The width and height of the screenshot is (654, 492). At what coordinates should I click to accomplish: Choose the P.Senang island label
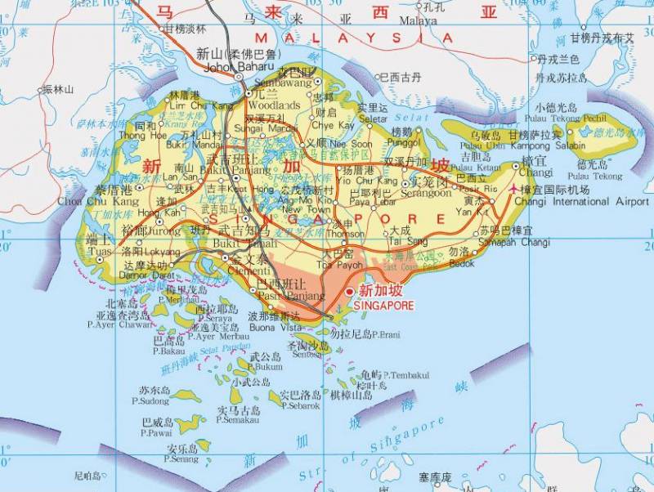click(x=181, y=458)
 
